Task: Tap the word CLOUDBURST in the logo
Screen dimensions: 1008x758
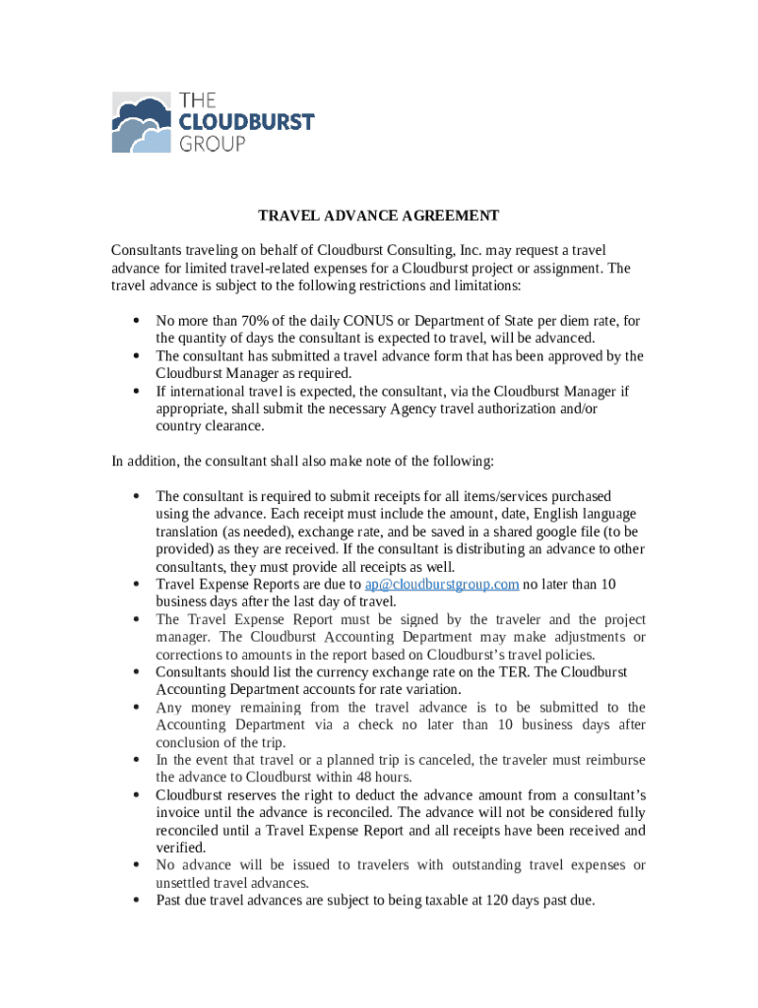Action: [x=246, y=122]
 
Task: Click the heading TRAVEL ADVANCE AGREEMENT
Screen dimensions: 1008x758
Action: [x=379, y=216]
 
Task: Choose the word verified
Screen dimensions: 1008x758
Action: [x=180, y=848]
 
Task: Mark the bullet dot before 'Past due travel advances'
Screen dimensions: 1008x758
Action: [x=133, y=900]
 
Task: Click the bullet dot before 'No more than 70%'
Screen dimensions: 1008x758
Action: [x=133, y=321]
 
